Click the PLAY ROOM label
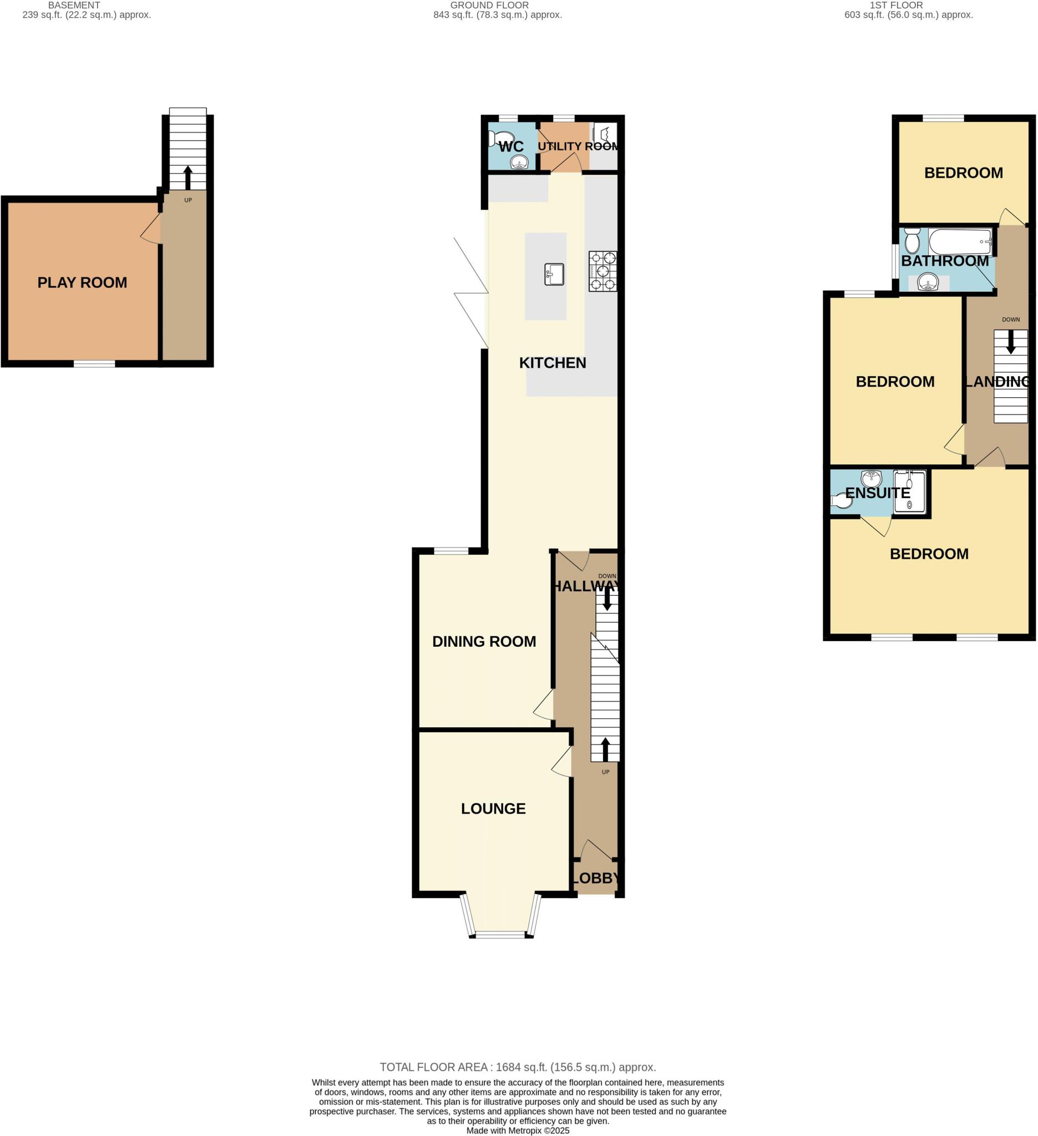click(x=82, y=282)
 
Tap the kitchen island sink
click(x=554, y=275)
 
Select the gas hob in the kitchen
click(x=602, y=271)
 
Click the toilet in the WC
click(x=501, y=138)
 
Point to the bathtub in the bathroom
click(x=959, y=242)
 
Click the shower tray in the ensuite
click(x=909, y=492)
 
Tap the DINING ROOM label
click(x=484, y=641)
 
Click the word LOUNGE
click(x=493, y=809)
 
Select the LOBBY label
click(x=596, y=878)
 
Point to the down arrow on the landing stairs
click(x=1010, y=342)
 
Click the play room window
click(x=94, y=364)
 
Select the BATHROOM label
click(x=944, y=261)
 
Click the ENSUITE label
click(x=878, y=493)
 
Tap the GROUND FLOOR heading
click(x=489, y=5)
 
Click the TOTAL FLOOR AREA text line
click(x=518, y=1067)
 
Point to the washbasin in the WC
click(x=518, y=163)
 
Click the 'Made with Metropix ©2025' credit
click(x=518, y=1130)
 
